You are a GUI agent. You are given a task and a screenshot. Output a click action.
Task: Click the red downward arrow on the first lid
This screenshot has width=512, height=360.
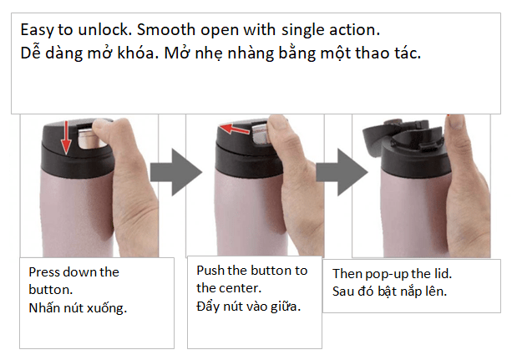click(66, 137)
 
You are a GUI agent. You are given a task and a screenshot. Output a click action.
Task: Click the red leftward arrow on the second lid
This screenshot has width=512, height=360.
click(235, 129)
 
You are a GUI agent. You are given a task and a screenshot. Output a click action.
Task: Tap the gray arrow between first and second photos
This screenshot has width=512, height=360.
click(176, 172)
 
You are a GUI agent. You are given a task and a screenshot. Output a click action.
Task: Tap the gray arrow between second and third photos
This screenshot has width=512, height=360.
click(342, 172)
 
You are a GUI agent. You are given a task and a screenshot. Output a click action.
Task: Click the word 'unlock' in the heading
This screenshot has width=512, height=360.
click(104, 30)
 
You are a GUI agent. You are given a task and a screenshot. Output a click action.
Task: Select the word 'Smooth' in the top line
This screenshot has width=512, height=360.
click(166, 30)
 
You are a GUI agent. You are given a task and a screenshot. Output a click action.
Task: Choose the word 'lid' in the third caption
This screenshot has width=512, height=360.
click(444, 274)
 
